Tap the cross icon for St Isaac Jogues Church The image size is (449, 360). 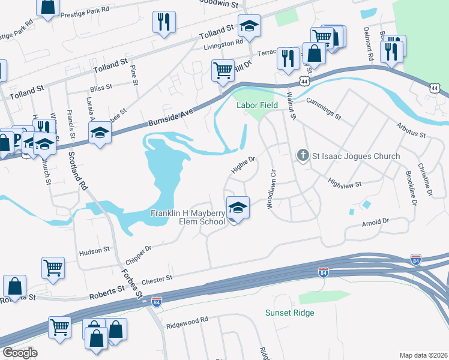(303, 156)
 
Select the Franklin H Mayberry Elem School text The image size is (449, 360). (187, 217)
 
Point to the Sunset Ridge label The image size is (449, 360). (290, 313)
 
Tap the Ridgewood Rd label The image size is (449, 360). (188, 320)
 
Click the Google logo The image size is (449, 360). (20, 352)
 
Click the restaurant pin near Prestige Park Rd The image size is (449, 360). (164, 23)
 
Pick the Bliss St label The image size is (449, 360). (101, 88)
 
